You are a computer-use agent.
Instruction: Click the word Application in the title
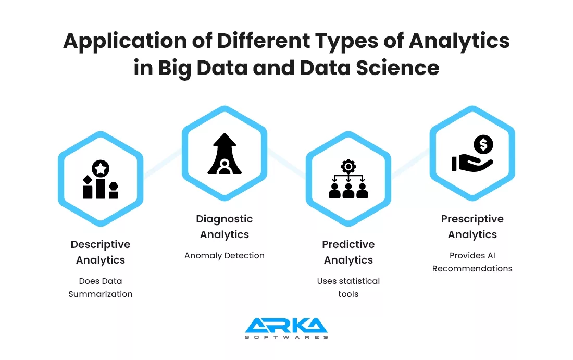tap(124, 41)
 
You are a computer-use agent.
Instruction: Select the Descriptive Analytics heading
tap(101, 252)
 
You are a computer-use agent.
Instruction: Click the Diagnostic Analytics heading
tap(225, 227)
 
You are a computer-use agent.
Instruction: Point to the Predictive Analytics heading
tap(348, 252)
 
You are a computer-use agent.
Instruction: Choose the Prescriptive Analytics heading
tap(472, 227)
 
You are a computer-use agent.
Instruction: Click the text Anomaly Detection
tap(225, 255)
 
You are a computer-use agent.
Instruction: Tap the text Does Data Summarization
tap(101, 288)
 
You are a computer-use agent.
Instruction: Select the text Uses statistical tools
tap(348, 288)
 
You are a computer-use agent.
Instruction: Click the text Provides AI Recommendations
tap(472, 262)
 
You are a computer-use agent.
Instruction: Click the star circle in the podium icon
tap(101, 168)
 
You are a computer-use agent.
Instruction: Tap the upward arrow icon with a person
tap(225, 154)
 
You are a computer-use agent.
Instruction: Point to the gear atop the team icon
tap(348, 167)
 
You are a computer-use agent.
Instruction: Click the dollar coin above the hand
tap(483, 144)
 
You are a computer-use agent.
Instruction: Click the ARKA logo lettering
tap(286, 325)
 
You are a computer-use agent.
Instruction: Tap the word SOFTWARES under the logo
tap(286, 337)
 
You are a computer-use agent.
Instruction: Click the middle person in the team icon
tap(348, 191)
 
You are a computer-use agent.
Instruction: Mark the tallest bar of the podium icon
tap(101, 189)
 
